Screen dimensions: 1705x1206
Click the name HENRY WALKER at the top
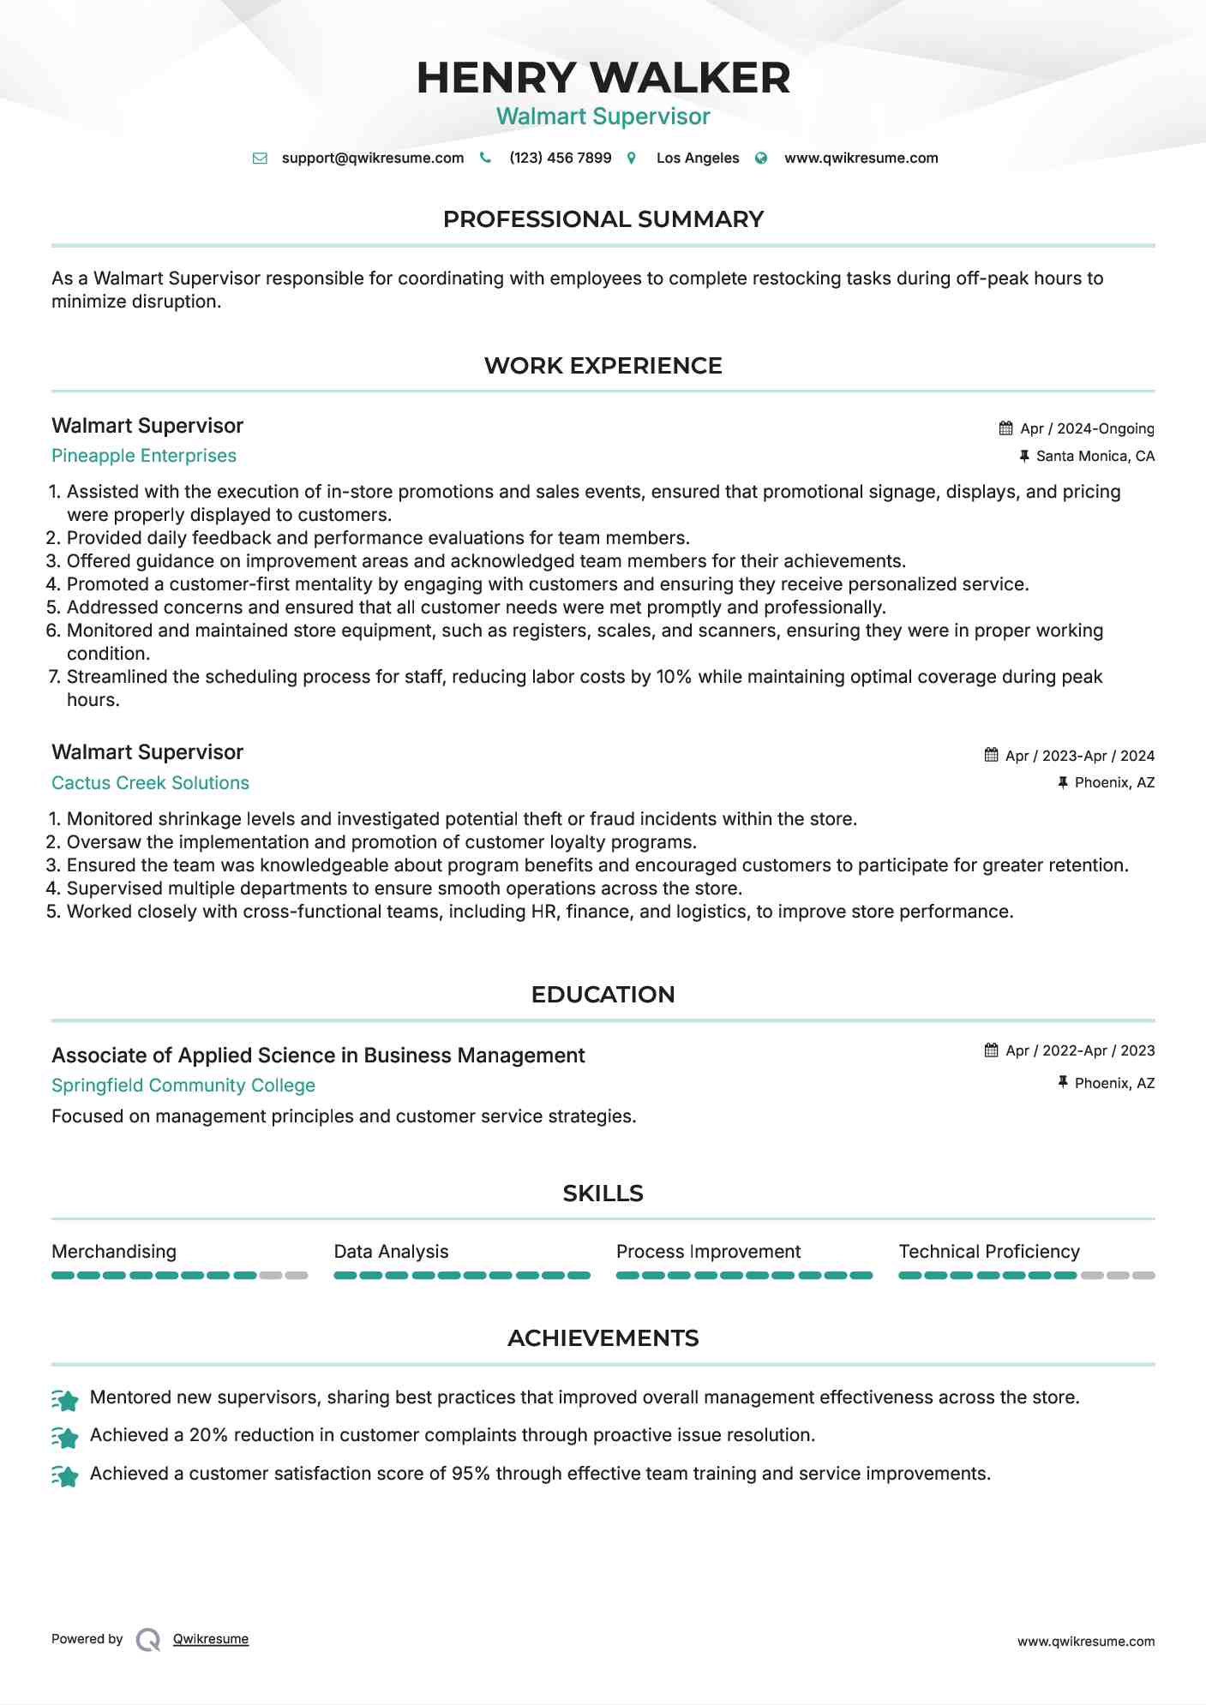(x=603, y=78)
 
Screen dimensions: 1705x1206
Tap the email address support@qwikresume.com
(x=372, y=158)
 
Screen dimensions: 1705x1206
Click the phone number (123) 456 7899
(x=560, y=158)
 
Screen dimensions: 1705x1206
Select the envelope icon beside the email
(x=260, y=159)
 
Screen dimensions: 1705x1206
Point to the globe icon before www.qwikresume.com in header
(x=761, y=159)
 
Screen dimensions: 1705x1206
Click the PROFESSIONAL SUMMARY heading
(x=603, y=219)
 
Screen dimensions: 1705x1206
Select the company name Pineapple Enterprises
(x=144, y=456)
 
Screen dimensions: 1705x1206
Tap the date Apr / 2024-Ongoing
(x=1087, y=428)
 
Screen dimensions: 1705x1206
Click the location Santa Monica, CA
(x=1095, y=456)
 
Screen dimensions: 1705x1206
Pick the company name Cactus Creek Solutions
(x=150, y=783)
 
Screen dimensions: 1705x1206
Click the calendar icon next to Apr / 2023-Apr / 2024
(x=992, y=755)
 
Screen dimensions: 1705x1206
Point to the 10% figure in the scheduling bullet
(x=674, y=677)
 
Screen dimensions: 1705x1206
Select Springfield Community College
(x=183, y=1086)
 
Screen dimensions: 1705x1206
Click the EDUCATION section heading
(x=603, y=995)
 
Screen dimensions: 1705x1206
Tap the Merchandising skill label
(x=114, y=1252)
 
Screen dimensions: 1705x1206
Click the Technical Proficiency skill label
(x=989, y=1252)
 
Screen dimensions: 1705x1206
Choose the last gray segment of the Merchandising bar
(x=297, y=1276)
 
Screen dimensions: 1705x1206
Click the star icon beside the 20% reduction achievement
(x=65, y=1437)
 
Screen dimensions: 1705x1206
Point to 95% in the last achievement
(x=471, y=1474)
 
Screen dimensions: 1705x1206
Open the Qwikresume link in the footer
(x=211, y=1639)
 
